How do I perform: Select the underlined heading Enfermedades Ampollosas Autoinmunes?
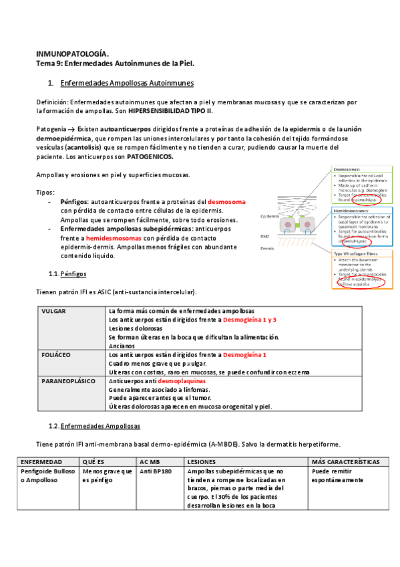click(x=127, y=83)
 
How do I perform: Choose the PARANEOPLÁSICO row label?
click(x=68, y=380)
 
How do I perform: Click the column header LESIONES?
click(x=202, y=462)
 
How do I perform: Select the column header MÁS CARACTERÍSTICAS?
click(x=345, y=462)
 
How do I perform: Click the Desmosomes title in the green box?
click(x=347, y=170)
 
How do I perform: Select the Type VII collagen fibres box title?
click(x=354, y=253)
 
